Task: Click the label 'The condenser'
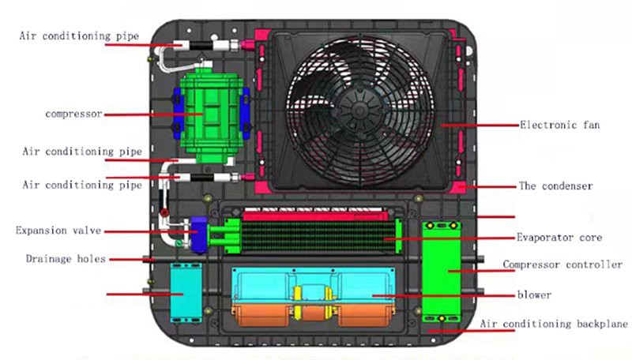pyautogui.click(x=555, y=186)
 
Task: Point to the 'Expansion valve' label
pyautogui.click(x=51, y=231)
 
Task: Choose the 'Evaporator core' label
pyautogui.click(x=559, y=237)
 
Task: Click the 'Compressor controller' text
pyautogui.click(x=562, y=264)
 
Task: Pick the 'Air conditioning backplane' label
pyautogui.click(x=554, y=324)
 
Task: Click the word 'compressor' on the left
pyautogui.click(x=73, y=114)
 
